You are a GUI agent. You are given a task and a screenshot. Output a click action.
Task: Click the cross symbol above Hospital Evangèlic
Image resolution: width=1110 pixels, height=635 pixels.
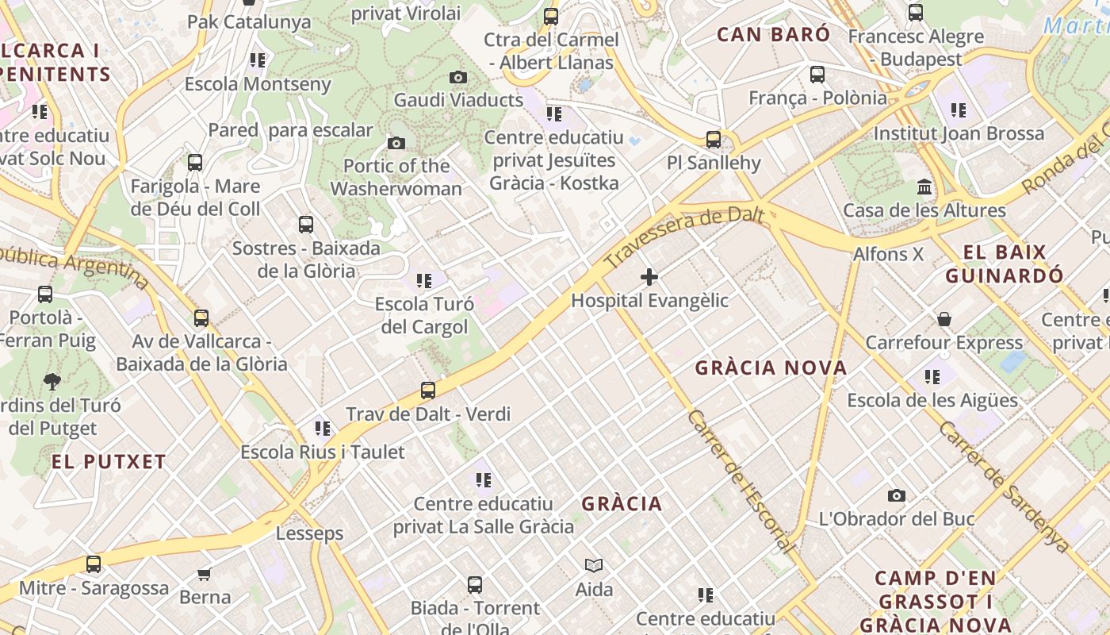coord(649,277)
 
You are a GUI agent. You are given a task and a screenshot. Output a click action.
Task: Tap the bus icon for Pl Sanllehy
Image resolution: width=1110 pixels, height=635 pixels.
coord(714,140)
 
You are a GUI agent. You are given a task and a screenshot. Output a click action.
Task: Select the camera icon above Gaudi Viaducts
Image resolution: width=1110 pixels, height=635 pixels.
coord(458,77)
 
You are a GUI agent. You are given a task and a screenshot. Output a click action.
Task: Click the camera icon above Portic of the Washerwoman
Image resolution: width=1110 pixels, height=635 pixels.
coord(396,143)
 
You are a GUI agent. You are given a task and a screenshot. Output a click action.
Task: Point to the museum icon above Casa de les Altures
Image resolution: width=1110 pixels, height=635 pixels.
coord(924,187)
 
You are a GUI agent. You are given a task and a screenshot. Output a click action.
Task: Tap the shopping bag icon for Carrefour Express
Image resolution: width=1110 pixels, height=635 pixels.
coord(944,319)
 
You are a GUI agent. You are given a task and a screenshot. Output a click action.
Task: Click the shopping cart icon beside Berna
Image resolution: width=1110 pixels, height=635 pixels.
coord(205,574)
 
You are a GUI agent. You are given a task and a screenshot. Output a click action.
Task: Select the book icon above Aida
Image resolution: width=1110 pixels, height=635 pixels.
coord(594,565)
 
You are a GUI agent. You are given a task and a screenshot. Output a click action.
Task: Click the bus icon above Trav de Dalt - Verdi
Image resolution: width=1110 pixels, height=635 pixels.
coord(428,391)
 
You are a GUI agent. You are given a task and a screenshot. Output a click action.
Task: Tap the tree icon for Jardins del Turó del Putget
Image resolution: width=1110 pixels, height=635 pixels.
coord(52,382)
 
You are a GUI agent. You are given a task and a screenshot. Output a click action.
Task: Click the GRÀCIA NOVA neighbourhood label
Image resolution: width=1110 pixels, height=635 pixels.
coord(771,368)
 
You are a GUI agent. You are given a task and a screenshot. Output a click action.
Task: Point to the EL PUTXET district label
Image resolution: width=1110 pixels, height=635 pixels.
coord(109,461)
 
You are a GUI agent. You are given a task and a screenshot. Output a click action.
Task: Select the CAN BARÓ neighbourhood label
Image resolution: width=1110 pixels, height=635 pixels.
coord(773,34)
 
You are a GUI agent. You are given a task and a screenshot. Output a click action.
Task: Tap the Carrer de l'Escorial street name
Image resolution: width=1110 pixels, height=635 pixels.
coord(741,481)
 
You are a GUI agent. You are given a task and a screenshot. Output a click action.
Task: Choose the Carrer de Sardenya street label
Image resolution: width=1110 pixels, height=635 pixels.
coord(1004,486)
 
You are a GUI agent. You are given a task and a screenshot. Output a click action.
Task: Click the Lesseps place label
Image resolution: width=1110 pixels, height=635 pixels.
coord(310,533)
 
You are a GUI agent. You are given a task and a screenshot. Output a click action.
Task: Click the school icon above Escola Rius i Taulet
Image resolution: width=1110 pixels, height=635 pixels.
coord(323,429)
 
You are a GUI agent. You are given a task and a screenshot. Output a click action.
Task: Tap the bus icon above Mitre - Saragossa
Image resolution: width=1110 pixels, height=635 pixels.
coord(94,564)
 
